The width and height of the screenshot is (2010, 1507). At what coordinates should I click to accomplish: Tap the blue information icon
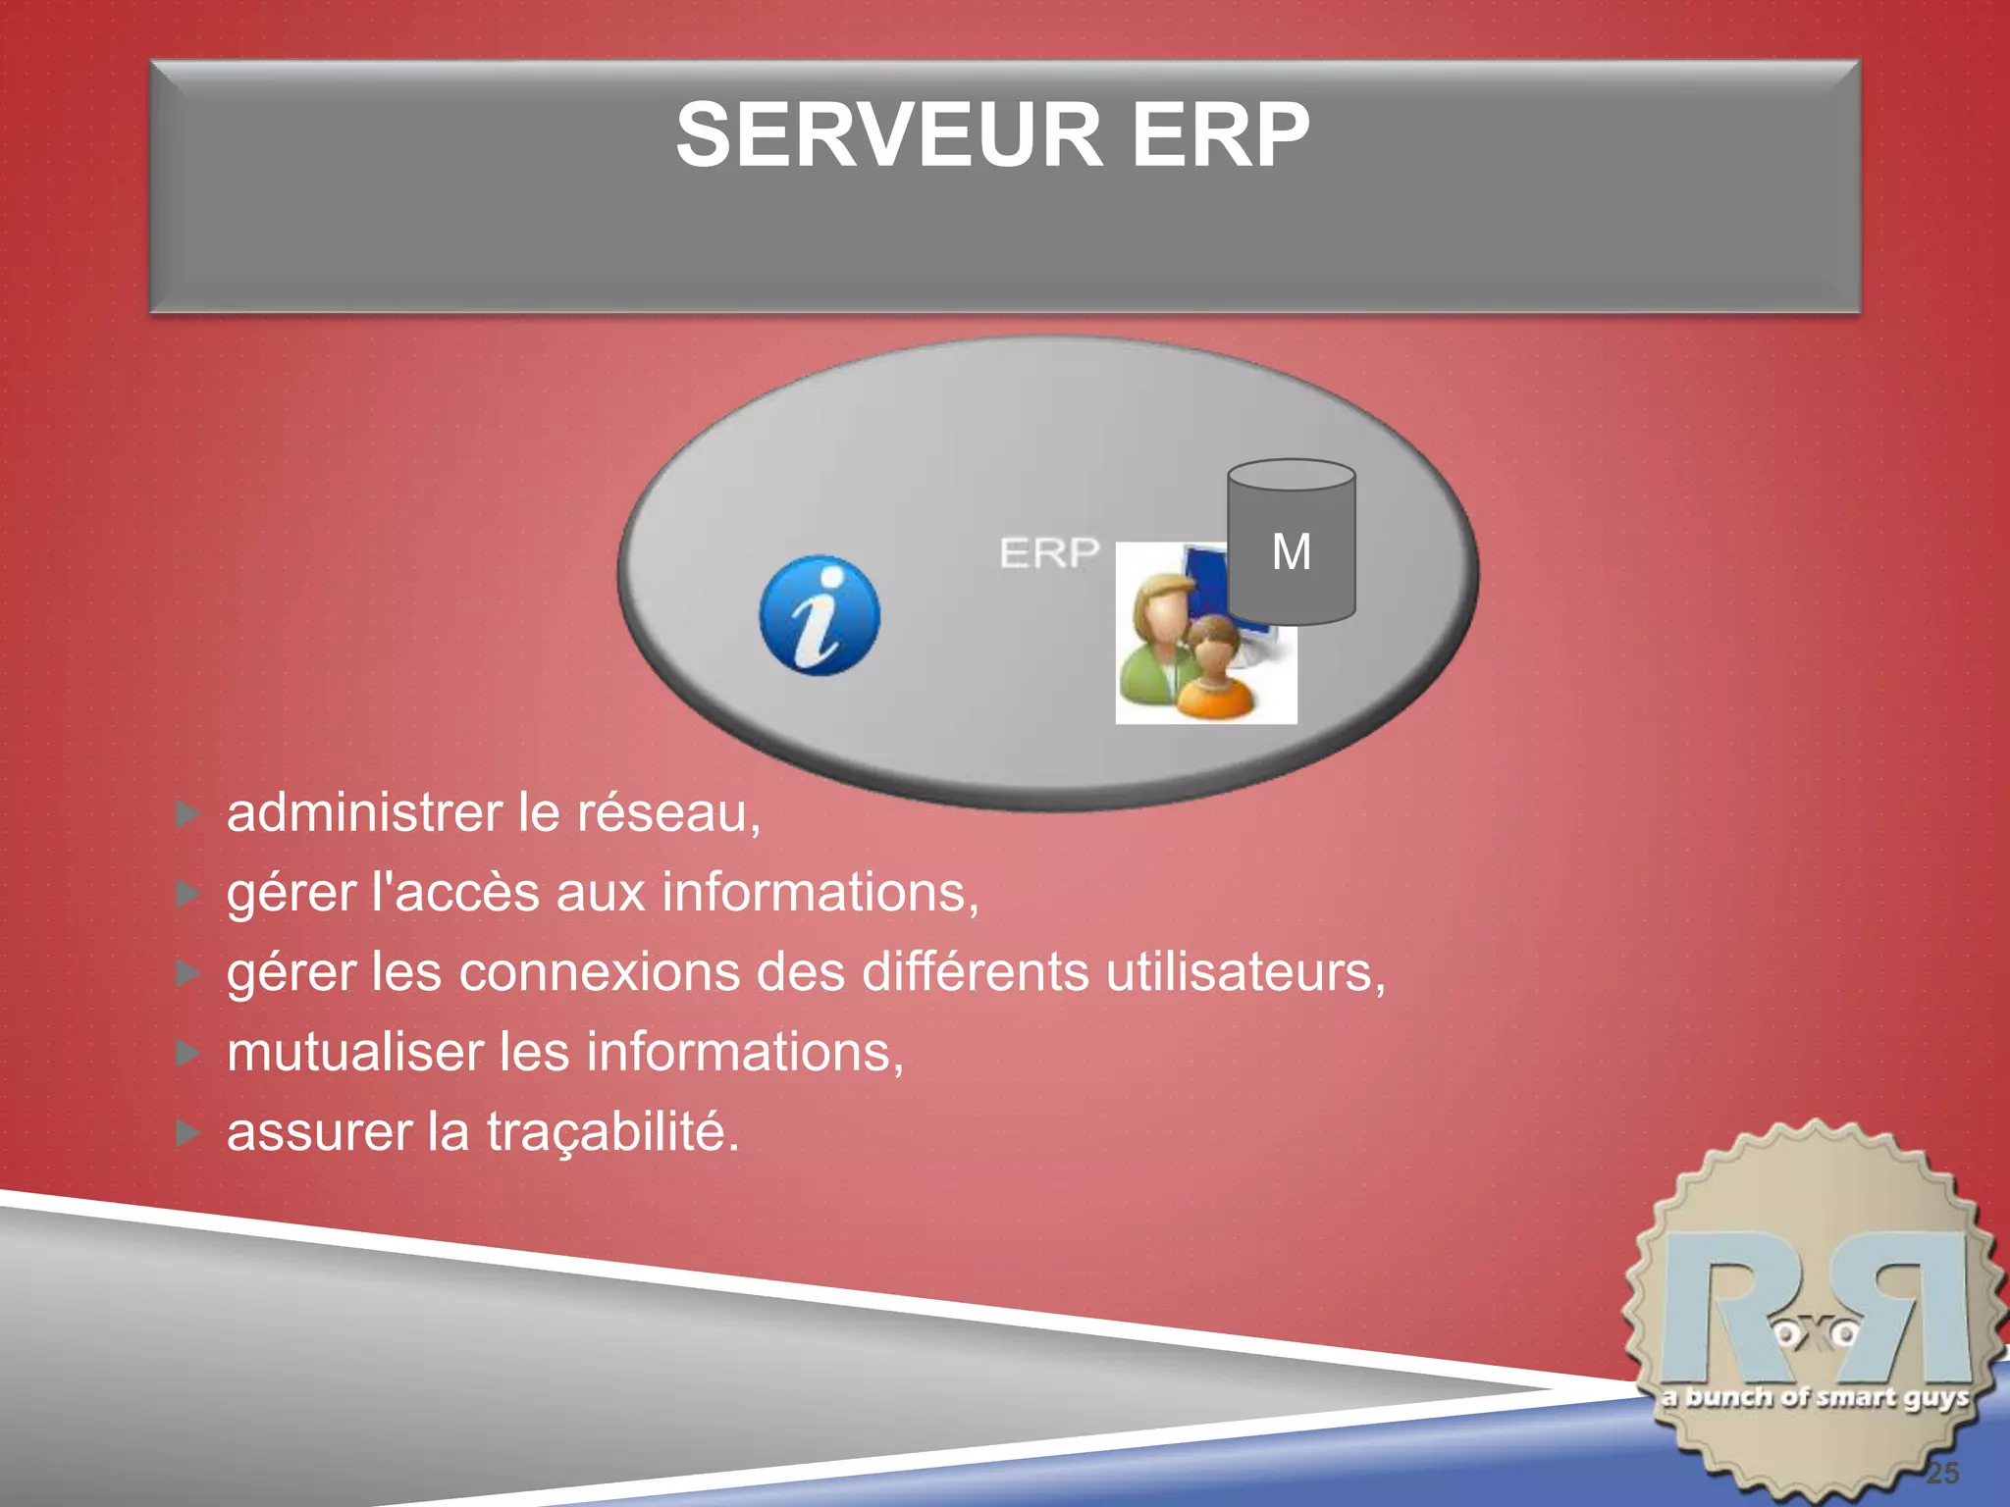point(820,615)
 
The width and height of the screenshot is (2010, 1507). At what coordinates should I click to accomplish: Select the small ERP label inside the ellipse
point(1048,553)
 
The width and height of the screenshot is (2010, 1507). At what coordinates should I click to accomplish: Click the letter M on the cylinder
point(1291,551)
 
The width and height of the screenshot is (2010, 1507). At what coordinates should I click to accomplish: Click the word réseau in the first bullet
point(667,813)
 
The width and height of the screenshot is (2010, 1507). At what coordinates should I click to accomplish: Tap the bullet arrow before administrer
point(187,813)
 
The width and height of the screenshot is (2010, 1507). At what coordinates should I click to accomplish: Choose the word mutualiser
point(355,1052)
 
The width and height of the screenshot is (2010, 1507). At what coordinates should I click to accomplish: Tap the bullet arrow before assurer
point(187,1133)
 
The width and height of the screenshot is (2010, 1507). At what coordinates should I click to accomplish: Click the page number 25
point(1942,1472)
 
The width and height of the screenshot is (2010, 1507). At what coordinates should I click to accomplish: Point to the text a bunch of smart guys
point(1816,1397)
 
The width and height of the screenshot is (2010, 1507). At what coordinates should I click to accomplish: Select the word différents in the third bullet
point(975,972)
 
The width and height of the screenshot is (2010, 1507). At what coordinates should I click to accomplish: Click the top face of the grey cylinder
point(1291,475)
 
